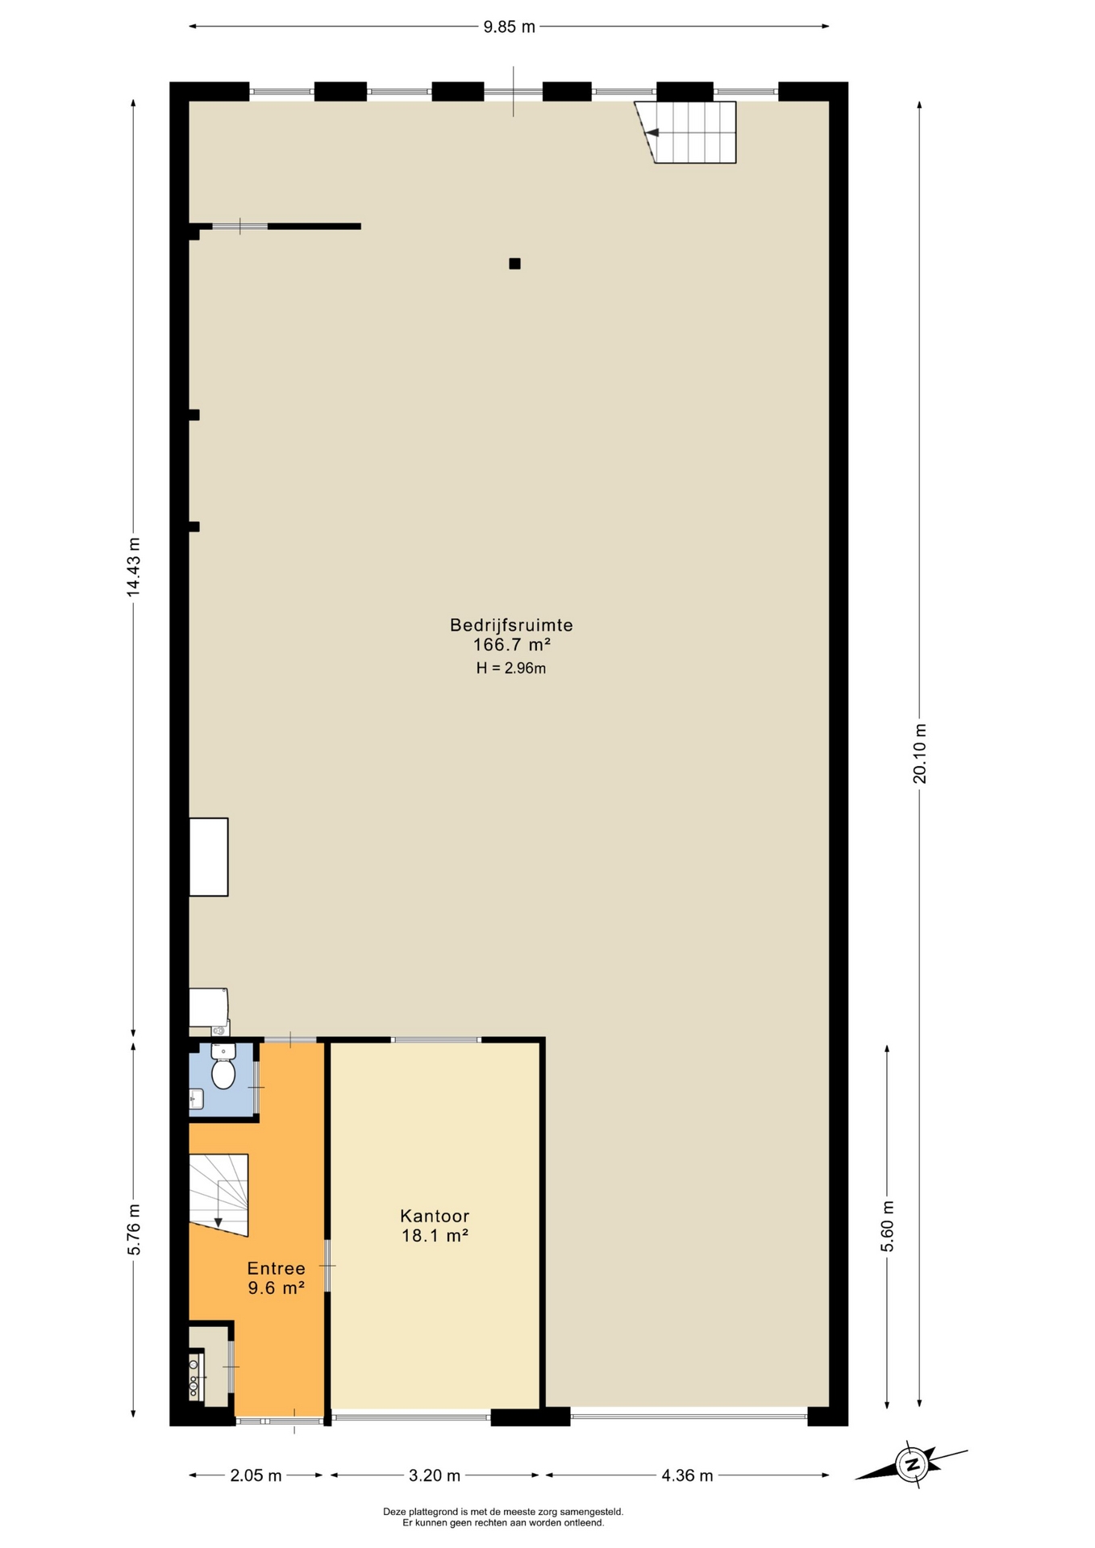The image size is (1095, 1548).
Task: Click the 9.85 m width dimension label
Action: [509, 27]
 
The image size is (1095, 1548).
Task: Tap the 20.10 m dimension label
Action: [920, 753]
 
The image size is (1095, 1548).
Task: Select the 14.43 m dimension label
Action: [134, 567]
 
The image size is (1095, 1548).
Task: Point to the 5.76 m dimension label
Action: [134, 1229]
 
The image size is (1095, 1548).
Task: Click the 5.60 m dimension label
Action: [887, 1226]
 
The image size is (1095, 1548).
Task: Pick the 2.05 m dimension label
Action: [256, 1475]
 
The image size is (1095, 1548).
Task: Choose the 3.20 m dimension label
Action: [435, 1475]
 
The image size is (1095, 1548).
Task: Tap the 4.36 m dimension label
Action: [687, 1475]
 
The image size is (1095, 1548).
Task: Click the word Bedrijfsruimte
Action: [511, 625]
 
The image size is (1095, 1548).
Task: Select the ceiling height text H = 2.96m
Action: [511, 668]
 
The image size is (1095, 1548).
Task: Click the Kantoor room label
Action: [435, 1216]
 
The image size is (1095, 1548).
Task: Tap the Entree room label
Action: [276, 1268]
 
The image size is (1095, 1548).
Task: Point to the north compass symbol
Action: [912, 1463]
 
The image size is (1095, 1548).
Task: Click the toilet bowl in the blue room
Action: [223, 1073]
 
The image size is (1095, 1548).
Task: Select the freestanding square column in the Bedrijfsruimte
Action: [514, 264]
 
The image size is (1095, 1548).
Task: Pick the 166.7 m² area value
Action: [511, 645]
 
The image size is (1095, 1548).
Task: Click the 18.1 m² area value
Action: [435, 1236]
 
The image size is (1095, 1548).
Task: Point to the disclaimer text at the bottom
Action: [503, 1517]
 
